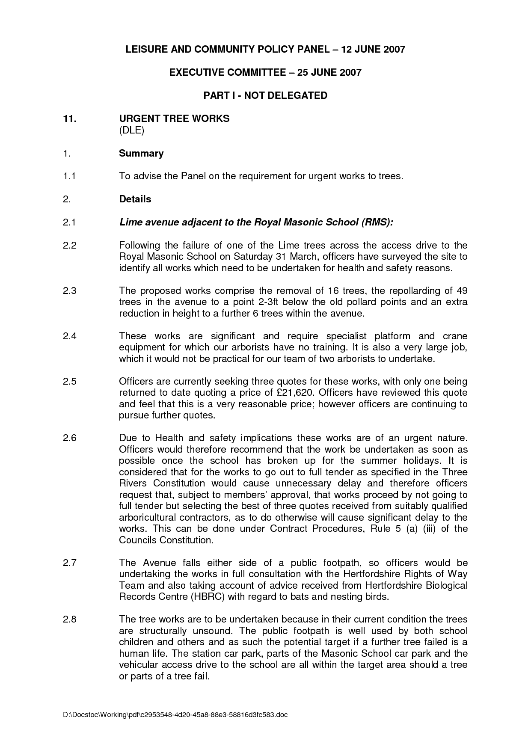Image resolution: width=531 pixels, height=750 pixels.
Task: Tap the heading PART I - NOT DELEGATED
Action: (265, 95)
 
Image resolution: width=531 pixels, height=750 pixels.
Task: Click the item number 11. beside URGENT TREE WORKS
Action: (70, 119)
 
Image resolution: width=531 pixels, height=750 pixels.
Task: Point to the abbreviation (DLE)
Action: (131, 130)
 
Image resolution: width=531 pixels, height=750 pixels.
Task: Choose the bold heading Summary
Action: (141, 153)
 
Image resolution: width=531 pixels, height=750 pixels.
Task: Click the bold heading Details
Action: (135, 199)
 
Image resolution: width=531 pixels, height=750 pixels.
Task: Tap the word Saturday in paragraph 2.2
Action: (254, 257)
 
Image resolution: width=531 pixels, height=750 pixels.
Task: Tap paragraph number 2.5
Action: (69, 381)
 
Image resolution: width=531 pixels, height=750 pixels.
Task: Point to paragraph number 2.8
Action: (69, 619)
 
